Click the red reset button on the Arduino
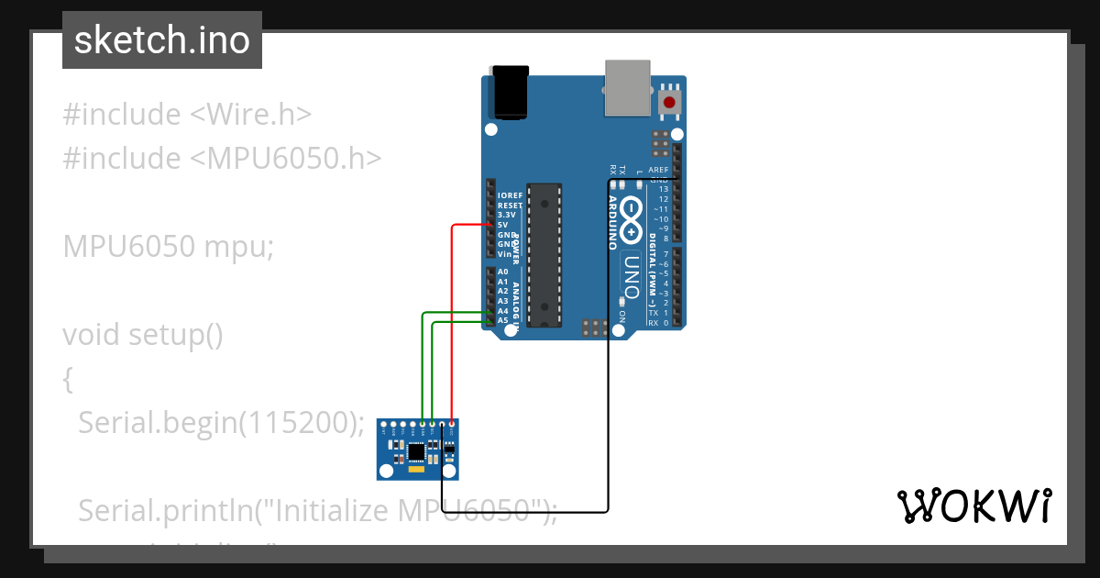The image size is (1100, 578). [670, 102]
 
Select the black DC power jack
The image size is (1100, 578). [511, 92]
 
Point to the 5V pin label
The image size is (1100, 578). [502, 225]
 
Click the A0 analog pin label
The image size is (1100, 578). [502, 272]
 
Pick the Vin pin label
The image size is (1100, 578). [503, 253]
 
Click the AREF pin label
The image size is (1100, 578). [658, 170]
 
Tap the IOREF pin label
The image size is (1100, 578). [509, 195]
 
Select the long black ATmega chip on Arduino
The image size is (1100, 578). [545, 254]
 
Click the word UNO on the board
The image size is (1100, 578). [630, 273]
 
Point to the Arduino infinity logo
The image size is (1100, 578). [632, 216]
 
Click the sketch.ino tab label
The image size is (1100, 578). [162, 40]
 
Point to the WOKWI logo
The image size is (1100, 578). [973, 506]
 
